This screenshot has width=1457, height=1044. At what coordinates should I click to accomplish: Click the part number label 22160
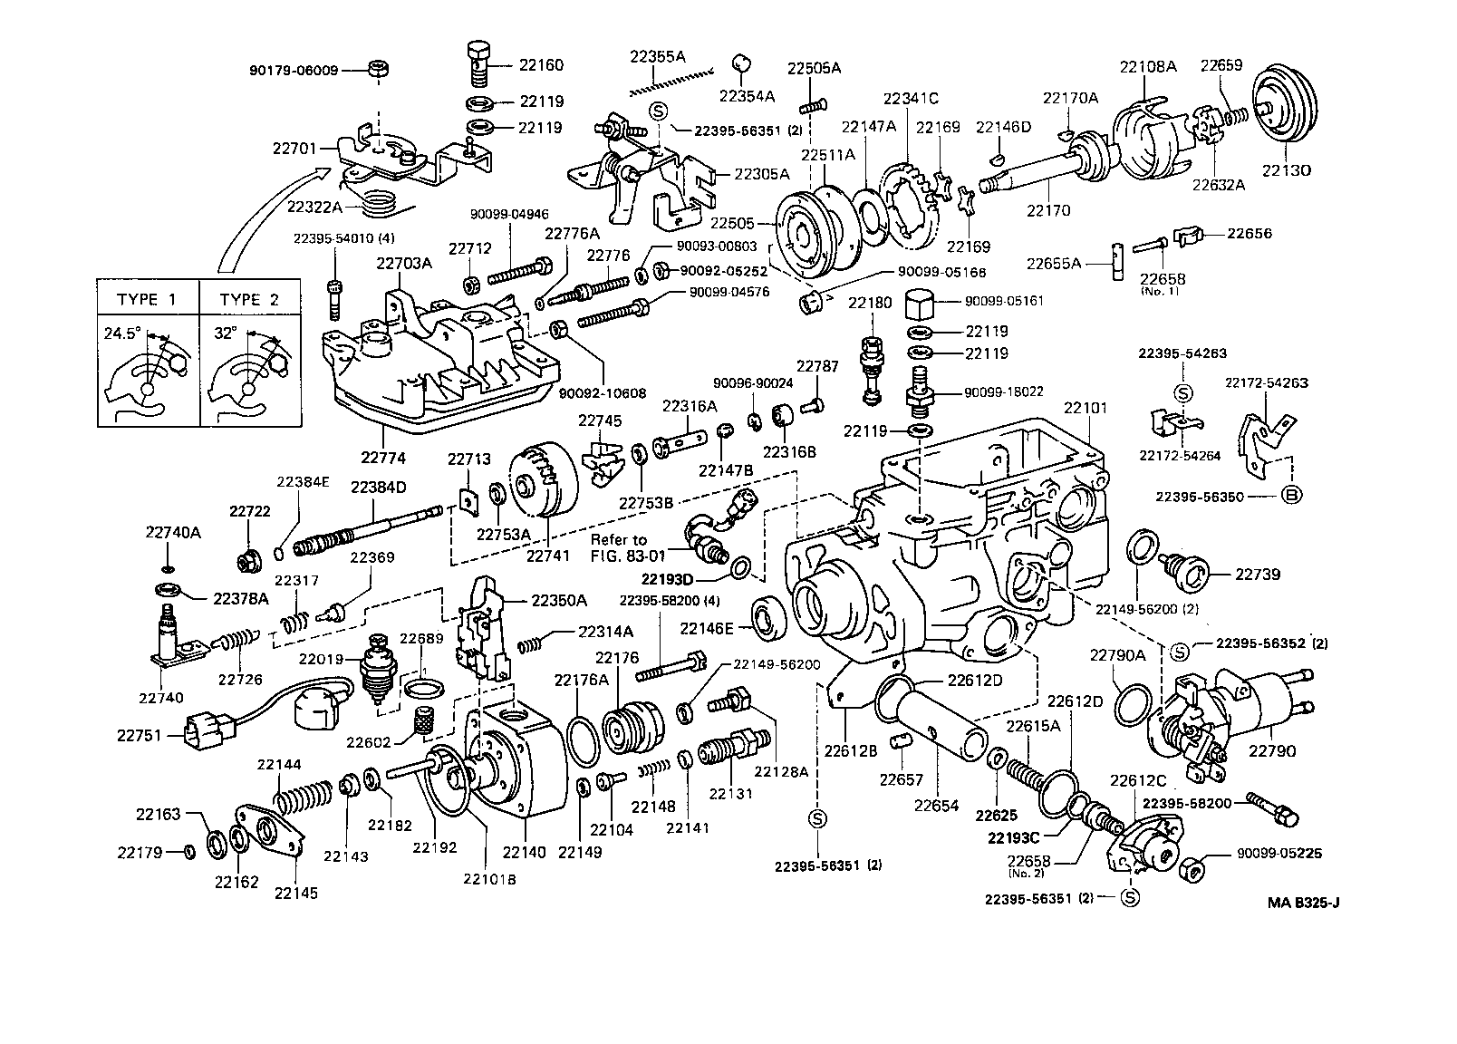541,65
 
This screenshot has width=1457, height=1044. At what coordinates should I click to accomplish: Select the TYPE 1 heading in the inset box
146,300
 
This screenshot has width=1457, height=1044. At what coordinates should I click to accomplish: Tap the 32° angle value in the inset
225,333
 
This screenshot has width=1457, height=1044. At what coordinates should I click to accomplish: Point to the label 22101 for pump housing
1085,408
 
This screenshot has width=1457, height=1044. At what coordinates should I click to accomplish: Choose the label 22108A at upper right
1148,66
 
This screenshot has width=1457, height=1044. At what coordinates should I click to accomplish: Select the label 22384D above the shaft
378,488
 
